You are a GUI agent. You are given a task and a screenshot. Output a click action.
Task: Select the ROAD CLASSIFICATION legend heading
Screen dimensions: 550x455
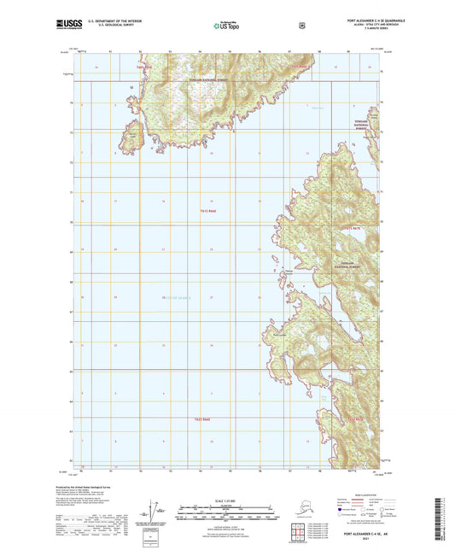[347, 494]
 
